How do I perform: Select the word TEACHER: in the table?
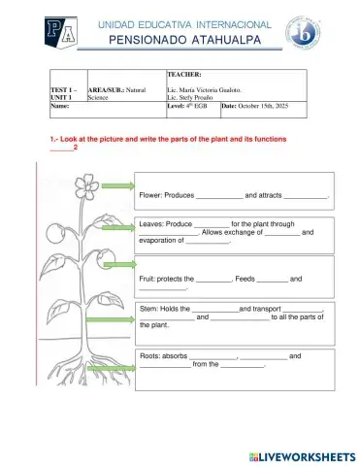pos(185,75)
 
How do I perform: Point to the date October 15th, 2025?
pos(278,107)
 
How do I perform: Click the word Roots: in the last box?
pos(155,356)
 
